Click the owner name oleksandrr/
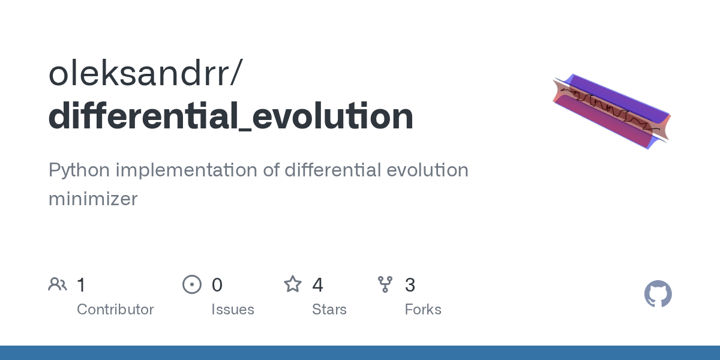pyautogui.click(x=146, y=73)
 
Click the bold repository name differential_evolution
pyautogui.click(x=231, y=116)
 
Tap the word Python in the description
pyautogui.click(x=79, y=170)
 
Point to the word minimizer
pyautogui.click(x=93, y=199)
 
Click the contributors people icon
pyautogui.click(x=58, y=284)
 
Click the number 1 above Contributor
pyautogui.click(x=81, y=285)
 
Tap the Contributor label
pyautogui.click(x=115, y=310)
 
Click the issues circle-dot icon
pyautogui.click(x=191, y=284)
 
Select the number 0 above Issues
pyautogui.click(x=217, y=285)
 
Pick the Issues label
pyautogui.click(x=232, y=310)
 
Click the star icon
pyautogui.click(x=293, y=284)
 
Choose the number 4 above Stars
pyautogui.click(x=317, y=285)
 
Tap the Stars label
pyautogui.click(x=329, y=310)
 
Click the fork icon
pyautogui.click(x=385, y=284)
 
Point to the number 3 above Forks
pyautogui.click(x=410, y=285)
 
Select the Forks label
pyautogui.click(x=422, y=310)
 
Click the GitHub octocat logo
pyautogui.click(x=658, y=294)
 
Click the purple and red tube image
pyautogui.click(x=611, y=112)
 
